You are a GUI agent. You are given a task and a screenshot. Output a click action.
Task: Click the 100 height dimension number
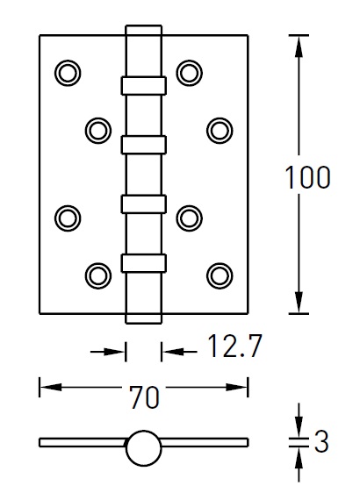coord(307,177)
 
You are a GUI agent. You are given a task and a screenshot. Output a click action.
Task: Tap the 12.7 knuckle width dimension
coord(234,346)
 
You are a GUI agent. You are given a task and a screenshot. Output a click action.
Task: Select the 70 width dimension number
coord(144,397)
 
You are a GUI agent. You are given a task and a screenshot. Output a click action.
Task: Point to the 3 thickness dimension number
coord(321,441)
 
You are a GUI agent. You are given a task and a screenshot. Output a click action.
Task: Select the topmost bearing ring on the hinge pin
coord(144,85)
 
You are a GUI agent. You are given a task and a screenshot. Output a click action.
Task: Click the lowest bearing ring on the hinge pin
coord(144,263)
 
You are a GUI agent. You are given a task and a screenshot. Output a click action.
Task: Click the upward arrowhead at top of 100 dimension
coord(299,46)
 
